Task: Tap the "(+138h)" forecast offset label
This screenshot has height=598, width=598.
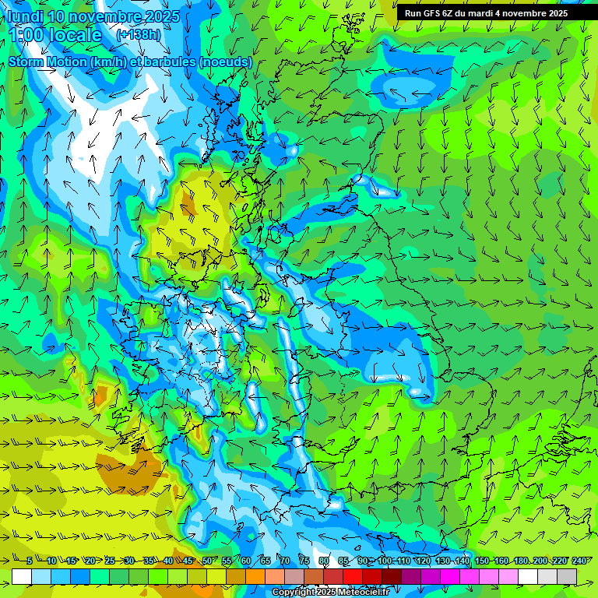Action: point(139,35)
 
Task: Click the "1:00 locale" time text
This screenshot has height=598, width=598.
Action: point(55,35)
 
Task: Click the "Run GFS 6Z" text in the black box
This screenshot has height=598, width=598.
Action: point(428,13)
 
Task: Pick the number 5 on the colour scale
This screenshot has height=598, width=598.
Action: point(30,561)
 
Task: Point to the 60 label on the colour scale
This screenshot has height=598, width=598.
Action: point(245,561)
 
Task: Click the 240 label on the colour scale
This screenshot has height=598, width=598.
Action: point(579,561)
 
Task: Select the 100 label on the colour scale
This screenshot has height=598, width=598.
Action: point(385,561)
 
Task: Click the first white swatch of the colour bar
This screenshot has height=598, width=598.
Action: point(22,576)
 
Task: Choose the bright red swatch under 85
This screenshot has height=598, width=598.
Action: point(353,576)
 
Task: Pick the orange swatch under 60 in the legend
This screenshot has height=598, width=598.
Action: point(255,576)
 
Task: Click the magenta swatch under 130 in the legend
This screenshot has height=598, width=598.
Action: point(450,576)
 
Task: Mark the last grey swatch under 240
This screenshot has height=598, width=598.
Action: point(567,576)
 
